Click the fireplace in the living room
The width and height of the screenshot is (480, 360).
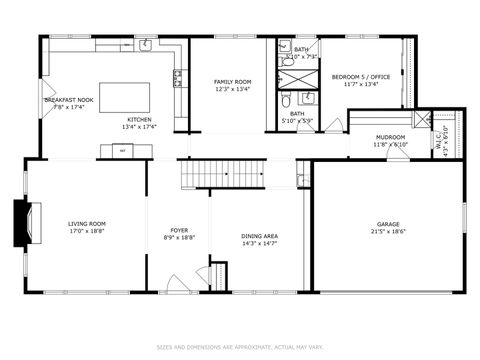pos(20,216)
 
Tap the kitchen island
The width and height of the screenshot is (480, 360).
pos(125,97)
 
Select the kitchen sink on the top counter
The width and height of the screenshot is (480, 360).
pos(145,44)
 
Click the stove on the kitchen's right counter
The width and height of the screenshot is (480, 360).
pos(178,78)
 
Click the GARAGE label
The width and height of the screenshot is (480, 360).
pos(388,223)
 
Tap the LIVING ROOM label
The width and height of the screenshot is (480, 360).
pos(87,223)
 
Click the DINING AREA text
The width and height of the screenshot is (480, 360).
pos(259,236)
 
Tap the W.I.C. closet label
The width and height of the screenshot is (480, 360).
pos(438,142)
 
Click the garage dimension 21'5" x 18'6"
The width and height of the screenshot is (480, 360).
pos(388,231)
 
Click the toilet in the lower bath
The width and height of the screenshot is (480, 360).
pos(285,99)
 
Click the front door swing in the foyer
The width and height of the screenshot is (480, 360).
pos(178,282)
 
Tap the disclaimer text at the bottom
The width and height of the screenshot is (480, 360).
pos(240,348)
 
